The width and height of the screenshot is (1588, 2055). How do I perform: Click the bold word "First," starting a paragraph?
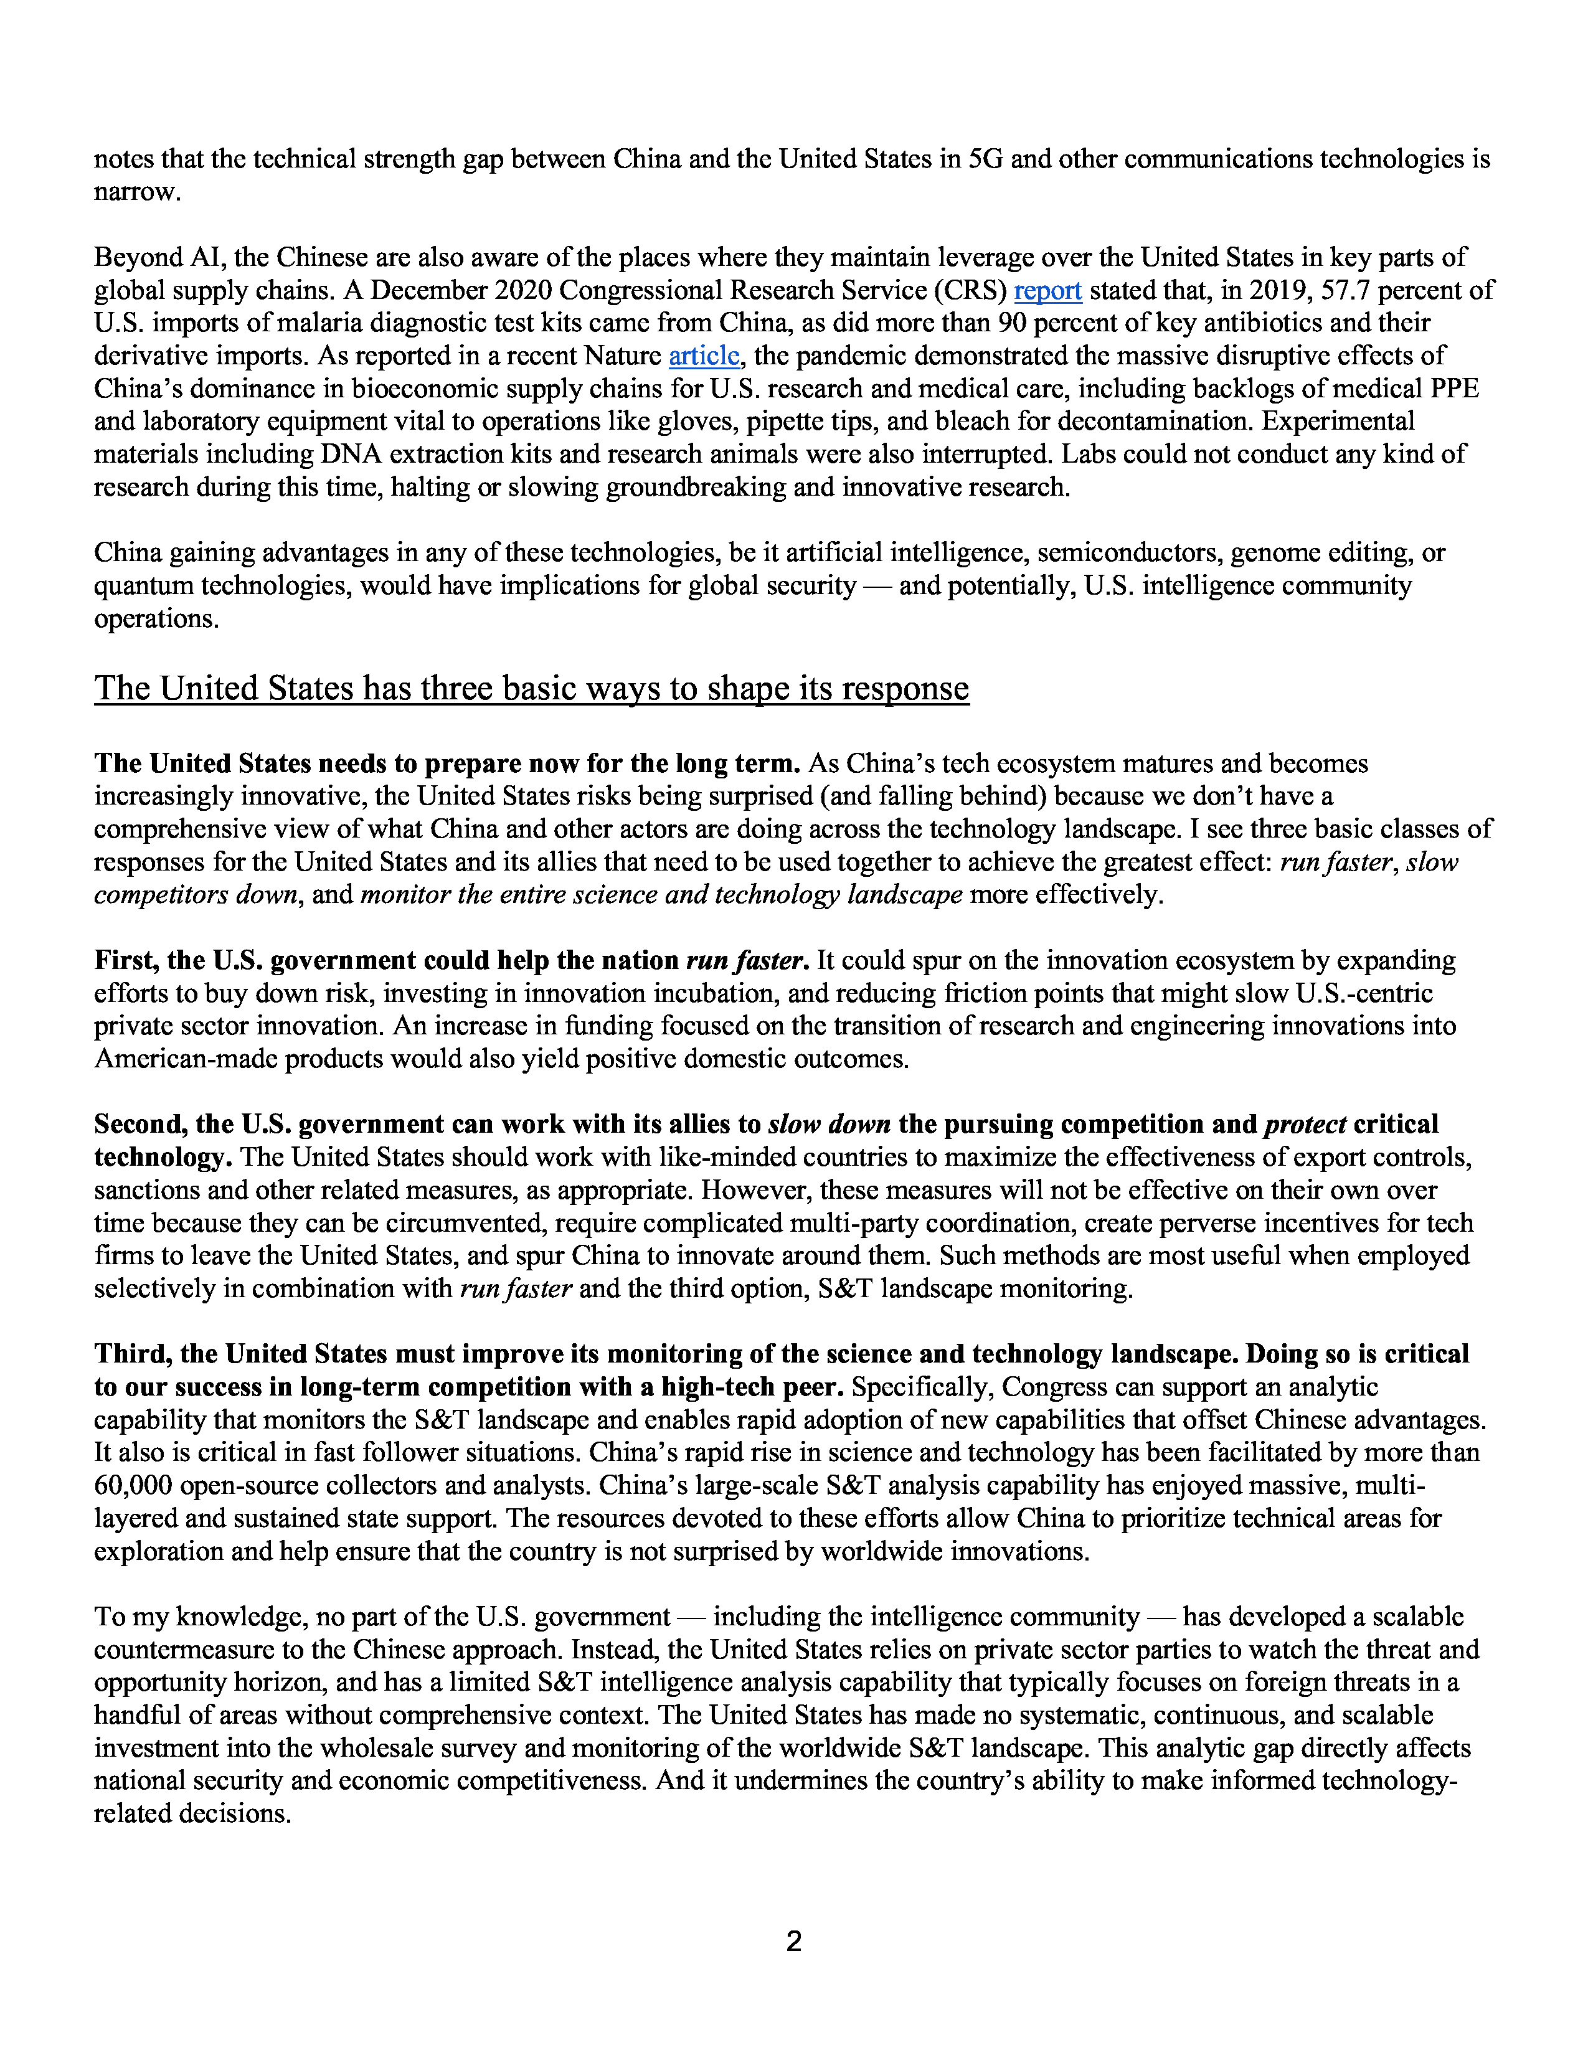[x=127, y=961]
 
